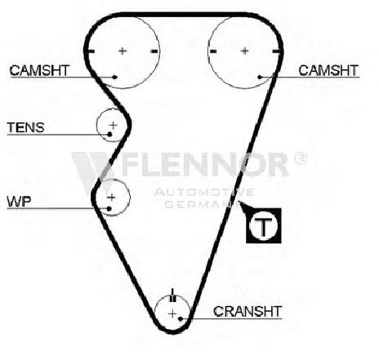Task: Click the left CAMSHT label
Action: coord(39,70)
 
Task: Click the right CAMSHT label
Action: coord(328,70)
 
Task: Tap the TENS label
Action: coord(25,127)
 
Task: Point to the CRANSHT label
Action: coord(247,311)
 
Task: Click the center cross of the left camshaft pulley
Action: coord(123,51)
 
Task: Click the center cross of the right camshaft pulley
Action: coord(245,51)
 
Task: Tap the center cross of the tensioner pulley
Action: coord(113,125)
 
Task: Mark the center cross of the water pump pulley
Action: coord(111,198)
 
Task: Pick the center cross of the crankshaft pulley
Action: coord(172,314)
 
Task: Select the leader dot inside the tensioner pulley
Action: coord(109,134)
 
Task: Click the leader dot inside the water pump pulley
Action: coord(109,209)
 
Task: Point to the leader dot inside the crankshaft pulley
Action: coord(181,318)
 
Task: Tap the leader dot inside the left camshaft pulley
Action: coord(114,78)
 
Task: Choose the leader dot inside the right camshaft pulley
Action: coord(260,78)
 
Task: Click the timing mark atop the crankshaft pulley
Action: coord(173,296)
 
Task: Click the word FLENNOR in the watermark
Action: coord(206,165)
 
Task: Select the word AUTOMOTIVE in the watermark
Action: coord(204,193)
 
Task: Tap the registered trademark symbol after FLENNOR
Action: coord(301,158)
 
